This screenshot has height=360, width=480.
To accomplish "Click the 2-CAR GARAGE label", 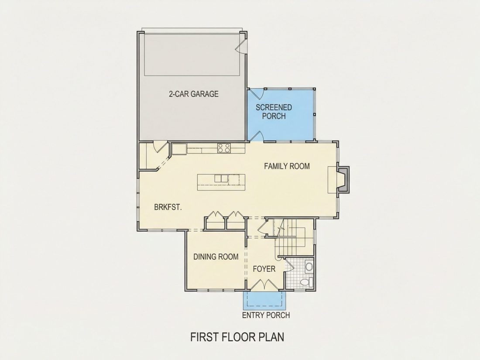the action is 194,94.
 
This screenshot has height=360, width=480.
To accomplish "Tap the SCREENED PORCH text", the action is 274,112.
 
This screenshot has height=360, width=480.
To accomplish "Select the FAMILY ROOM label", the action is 287,166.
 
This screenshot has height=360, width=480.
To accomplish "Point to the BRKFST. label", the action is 168,207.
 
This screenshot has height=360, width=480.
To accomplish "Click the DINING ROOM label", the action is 216,257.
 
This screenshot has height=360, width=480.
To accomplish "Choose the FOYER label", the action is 264,269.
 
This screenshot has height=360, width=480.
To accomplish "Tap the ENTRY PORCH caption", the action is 266,315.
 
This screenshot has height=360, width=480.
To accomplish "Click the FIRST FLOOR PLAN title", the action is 237,337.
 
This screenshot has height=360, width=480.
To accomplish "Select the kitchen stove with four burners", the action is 224,148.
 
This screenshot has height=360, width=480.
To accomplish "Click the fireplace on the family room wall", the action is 343,179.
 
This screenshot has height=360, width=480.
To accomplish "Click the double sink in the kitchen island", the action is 221,178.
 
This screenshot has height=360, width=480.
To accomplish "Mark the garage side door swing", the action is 240,46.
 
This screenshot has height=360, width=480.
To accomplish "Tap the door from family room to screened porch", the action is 257,136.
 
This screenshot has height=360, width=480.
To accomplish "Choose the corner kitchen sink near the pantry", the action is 179,149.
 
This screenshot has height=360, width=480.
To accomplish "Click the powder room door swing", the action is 289,265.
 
